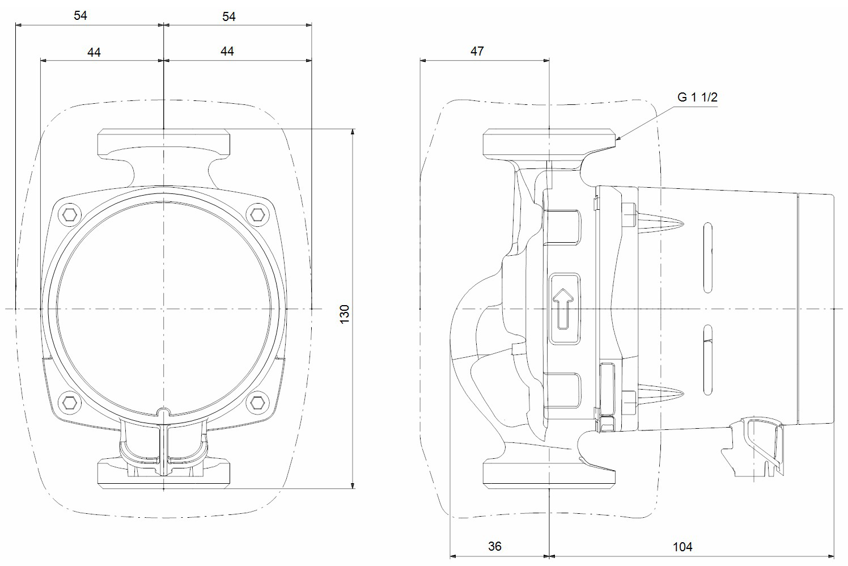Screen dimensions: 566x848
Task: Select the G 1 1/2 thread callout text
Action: pyautogui.click(x=697, y=97)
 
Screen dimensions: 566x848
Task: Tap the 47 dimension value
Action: pyautogui.click(x=477, y=51)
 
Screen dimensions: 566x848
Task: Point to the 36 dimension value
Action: pyautogui.click(x=495, y=546)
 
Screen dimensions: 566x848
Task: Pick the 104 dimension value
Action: pyautogui.click(x=682, y=547)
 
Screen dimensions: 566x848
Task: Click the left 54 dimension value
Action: pyautogui.click(x=80, y=16)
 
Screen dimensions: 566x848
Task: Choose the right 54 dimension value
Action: pyautogui.click(x=228, y=16)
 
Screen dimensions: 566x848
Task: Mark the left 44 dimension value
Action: pyautogui.click(x=94, y=52)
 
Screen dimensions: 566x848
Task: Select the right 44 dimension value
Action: pyautogui.click(x=227, y=51)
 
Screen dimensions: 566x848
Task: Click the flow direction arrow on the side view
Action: pyautogui.click(x=564, y=309)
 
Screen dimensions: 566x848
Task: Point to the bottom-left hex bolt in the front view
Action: pyautogui.click(x=70, y=403)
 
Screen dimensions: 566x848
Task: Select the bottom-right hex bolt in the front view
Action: pyautogui.click(x=257, y=403)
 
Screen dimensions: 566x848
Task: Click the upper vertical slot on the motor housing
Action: pyautogui.click(x=707, y=258)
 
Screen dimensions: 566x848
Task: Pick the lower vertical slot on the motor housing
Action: pyautogui.click(x=707, y=360)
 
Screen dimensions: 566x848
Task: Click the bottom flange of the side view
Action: pyautogui.click(x=549, y=474)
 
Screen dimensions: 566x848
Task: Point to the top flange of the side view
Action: pyautogui.click(x=549, y=143)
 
